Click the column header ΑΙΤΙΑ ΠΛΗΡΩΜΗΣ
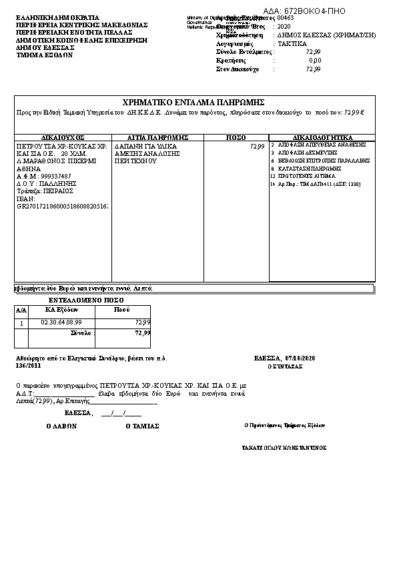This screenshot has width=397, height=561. (x=158, y=137)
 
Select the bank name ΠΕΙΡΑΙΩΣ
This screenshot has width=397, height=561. (x=57, y=191)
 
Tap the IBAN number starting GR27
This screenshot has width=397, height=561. (x=63, y=206)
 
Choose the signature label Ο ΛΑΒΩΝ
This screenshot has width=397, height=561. (x=62, y=425)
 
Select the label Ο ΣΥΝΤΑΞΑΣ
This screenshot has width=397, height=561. (x=285, y=366)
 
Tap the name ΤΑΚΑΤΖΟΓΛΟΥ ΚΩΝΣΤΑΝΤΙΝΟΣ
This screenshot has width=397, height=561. (x=284, y=448)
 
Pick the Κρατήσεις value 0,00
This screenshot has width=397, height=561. (x=314, y=60)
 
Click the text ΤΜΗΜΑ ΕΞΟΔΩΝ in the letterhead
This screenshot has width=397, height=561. (x=45, y=55)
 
